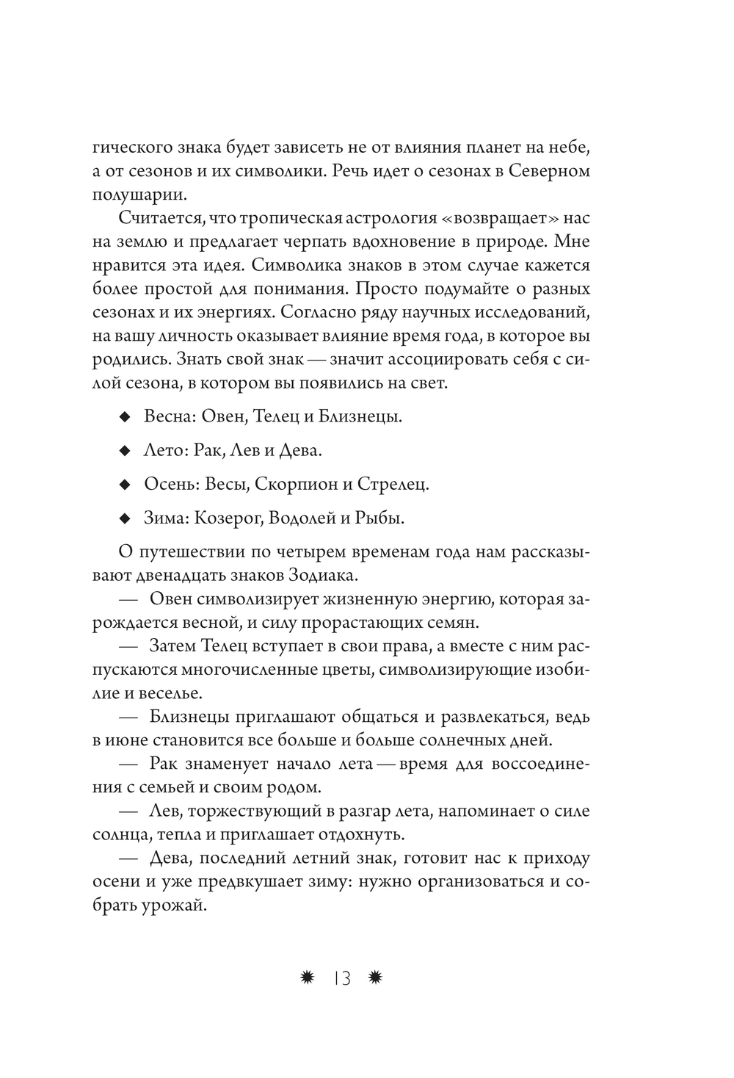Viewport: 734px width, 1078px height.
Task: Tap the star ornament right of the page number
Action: coord(377,978)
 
